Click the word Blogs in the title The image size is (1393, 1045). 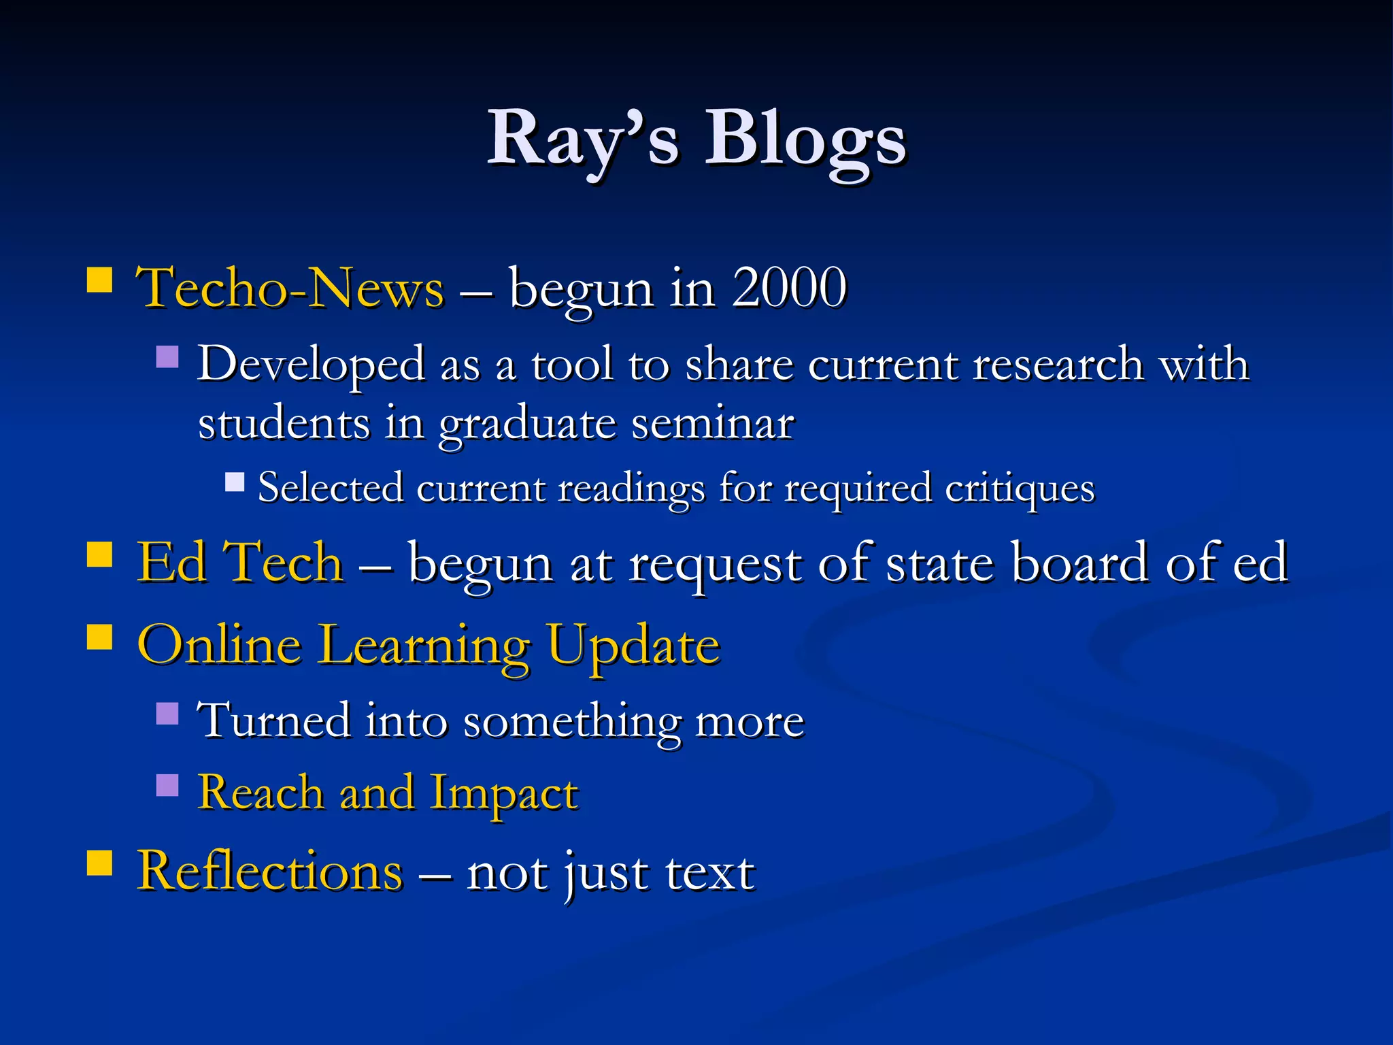click(805, 139)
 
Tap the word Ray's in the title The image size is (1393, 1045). click(583, 139)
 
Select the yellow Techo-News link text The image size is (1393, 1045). click(290, 288)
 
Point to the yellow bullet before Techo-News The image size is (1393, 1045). click(100, 280)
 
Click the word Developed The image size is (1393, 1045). click(310, 364)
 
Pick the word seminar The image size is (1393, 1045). click(713, 423)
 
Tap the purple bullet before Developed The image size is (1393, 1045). click(167, 356)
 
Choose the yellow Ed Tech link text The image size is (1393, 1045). click(240, 563)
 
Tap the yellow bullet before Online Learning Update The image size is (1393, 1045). click(100, 638)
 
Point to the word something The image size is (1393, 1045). click(571, 721)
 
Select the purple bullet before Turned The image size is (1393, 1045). click(167, 713)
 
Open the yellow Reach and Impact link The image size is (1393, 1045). click(388, 793)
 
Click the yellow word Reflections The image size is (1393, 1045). click(270, 872)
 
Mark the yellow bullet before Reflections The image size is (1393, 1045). click(100, 864)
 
